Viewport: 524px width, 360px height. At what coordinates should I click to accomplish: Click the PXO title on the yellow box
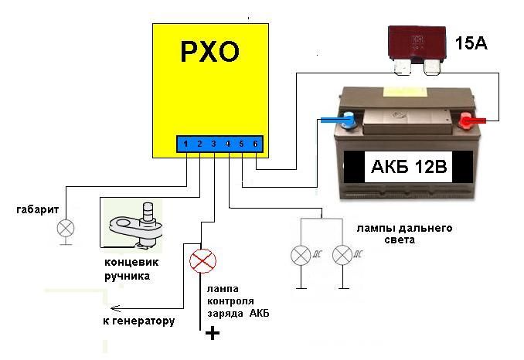pyautogui.click(x=210, y=52)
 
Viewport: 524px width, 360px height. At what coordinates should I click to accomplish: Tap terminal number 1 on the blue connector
pyautogui.click(x=185, y=144)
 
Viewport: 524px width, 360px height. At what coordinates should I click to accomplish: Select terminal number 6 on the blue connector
pyautogui.click(x=255, y=144)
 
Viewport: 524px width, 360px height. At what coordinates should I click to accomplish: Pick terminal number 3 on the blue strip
pyautogui.click(x=213, y=144)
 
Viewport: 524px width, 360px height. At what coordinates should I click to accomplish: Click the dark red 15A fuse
pyautogui.click(x=417, y=50)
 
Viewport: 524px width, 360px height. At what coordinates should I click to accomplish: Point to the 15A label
pyautogui.click(x=471, y=43)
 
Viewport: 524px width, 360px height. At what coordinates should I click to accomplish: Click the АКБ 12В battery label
pyautogui.click(x=409, y=166)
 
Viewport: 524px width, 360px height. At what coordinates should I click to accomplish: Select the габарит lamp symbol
pyautogui.click(x=66, y=229)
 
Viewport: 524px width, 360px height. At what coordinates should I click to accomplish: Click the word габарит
pyautogui.click(x=37, y=209)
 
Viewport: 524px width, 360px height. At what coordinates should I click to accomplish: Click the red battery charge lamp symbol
pyautogui.click(x=202, y=261)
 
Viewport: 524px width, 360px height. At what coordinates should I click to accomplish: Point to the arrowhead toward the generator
pyautogui.click(x=115, y=308)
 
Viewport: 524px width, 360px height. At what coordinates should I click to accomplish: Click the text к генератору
pyautogui.click(x=138, y=321)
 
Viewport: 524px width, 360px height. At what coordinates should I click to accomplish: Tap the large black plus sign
pyautogui.click(x=213, y=333)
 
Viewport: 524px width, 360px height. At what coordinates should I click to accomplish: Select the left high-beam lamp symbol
pyautogui.click(x=301, y=255)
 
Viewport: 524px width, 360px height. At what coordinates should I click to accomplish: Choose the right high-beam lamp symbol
pyautogui.click(x=342, y=255)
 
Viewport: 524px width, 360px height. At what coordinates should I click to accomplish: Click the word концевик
pyautogui.click(x=131, y=262)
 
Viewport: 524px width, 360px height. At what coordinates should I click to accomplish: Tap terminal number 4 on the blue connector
pyautogui.click(x=227, y=144)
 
